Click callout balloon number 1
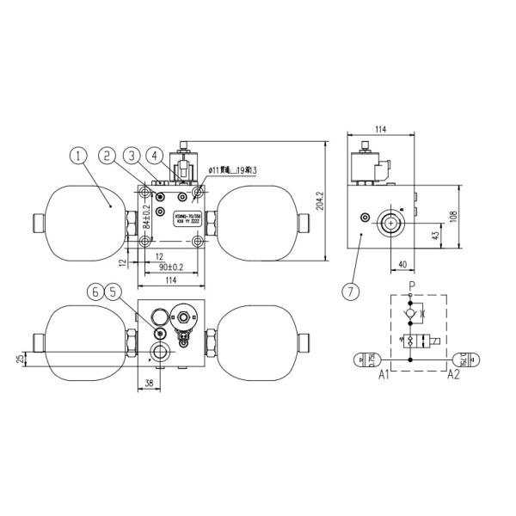[x=78, y=156]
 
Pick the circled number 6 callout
[x=96, y=292]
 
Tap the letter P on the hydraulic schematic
[x=412, y=285]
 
